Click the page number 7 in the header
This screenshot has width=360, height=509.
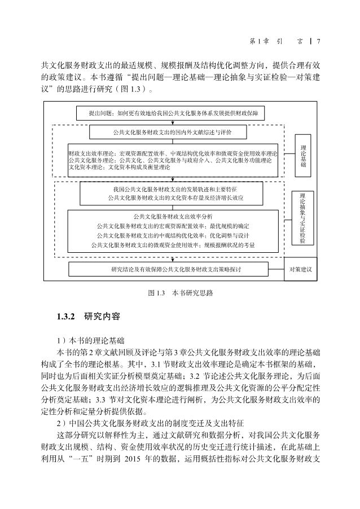click(x=319, y=41)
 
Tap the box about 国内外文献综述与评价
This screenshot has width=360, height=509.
click(x=168, y=132)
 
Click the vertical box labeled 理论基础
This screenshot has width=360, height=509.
click(x=303, y=156)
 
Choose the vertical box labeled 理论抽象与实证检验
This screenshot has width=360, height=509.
click(x=302, y=218)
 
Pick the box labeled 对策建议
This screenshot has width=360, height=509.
click(x=301, y=269)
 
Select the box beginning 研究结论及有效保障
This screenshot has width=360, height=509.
click(x=168, y=269)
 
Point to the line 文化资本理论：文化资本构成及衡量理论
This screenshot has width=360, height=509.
click(x=120, y=168)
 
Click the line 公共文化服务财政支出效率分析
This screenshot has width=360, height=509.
click(x=173, y=217)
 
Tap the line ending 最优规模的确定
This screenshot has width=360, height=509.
click(x=173, y=226)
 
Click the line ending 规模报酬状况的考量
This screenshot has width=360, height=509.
click(x=173, y=245)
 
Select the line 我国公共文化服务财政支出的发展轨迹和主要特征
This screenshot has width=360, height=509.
click(x=175, y=190)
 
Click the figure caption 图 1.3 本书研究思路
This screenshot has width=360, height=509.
click(x=181, y=293)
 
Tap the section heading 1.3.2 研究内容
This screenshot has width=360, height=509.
click(x=89, y=317)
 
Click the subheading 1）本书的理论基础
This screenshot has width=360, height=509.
click(x=91, y=341)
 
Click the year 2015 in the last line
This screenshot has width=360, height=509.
click(x=132, y=459)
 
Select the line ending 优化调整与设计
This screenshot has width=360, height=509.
click(x=173, y=236)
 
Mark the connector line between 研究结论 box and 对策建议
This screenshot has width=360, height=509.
click(x=276, y=269)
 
